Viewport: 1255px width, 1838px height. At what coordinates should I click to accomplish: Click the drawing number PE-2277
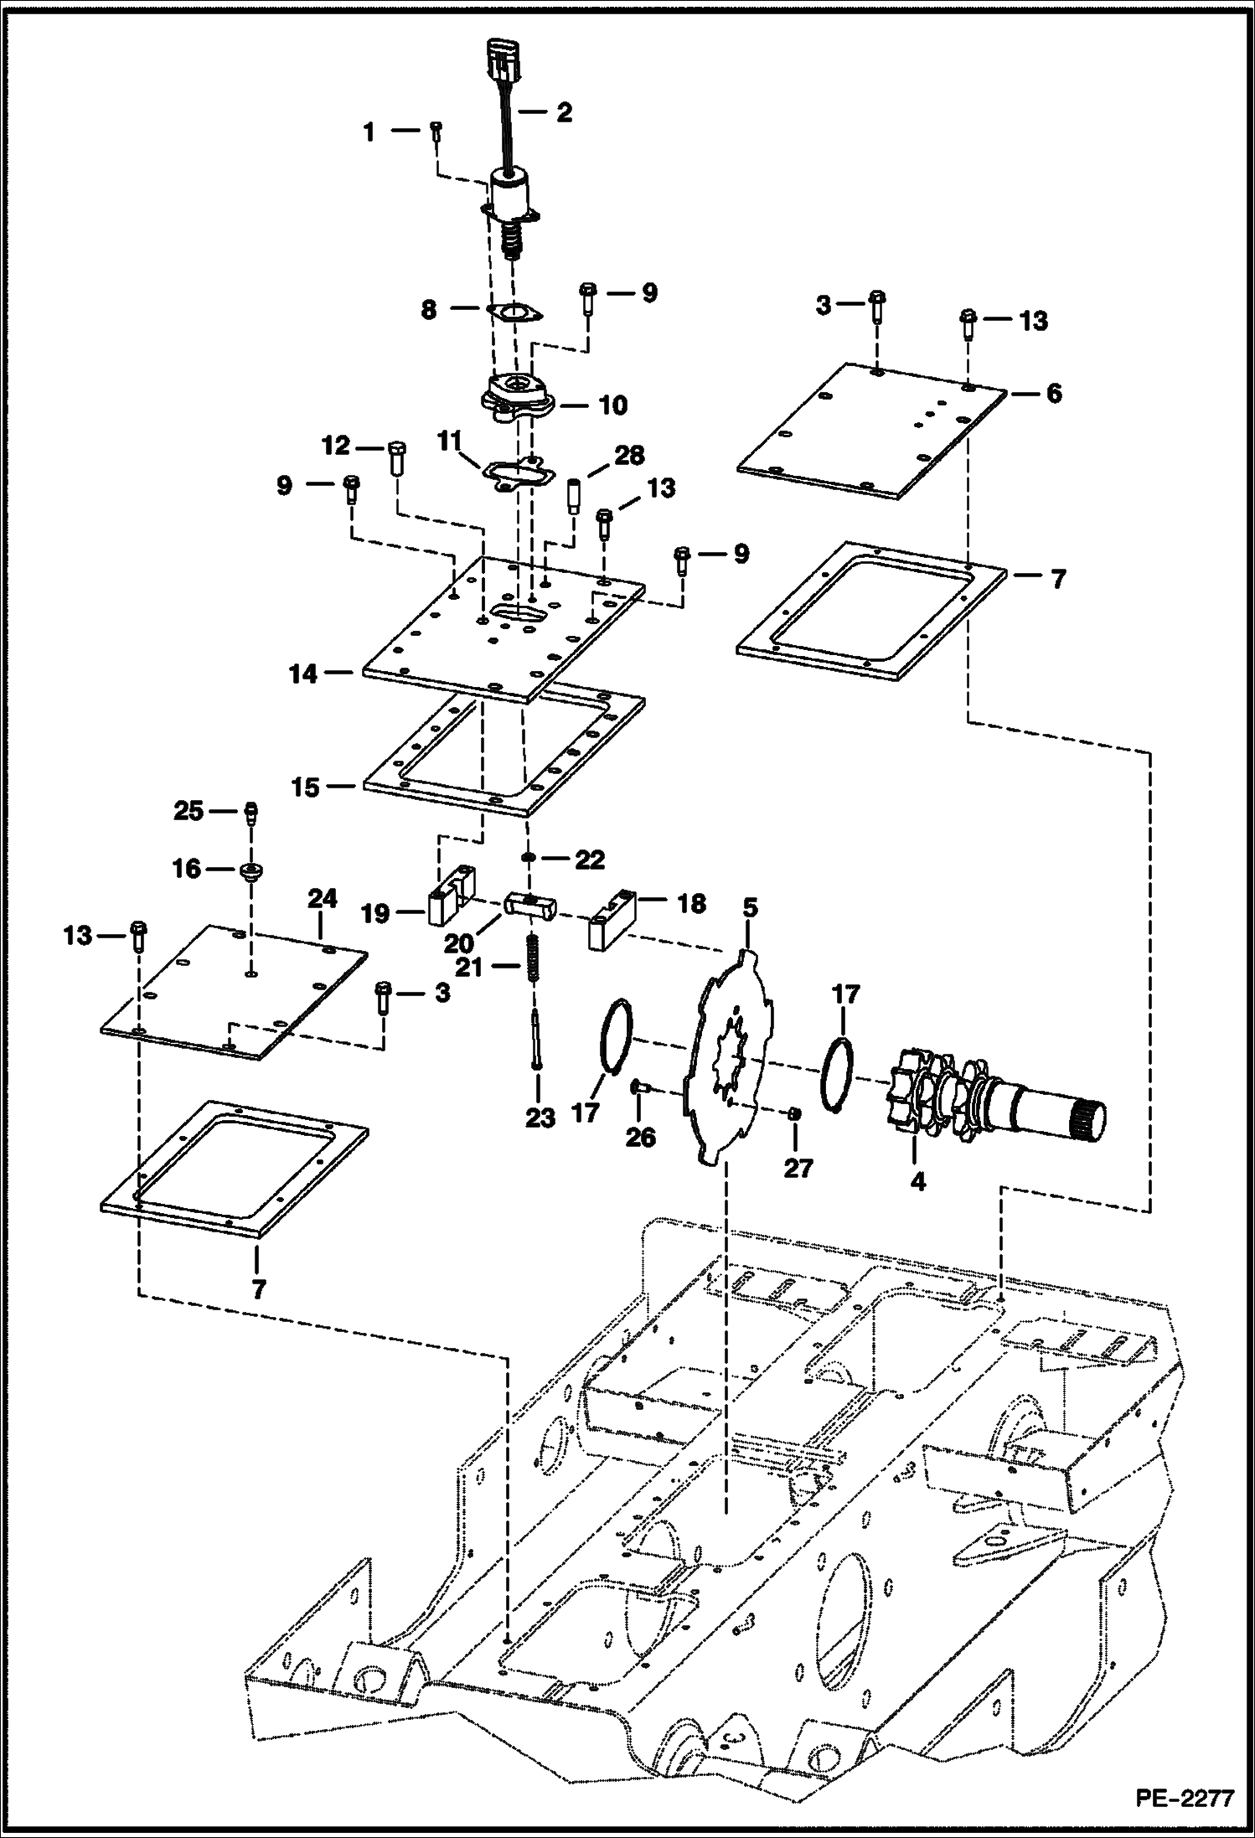(1185, 1799)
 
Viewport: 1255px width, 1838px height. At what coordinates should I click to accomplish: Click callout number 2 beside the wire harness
(565, 112)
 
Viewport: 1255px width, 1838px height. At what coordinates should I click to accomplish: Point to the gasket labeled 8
(514, 315)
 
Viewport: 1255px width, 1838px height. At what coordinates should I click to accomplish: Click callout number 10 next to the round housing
(613, 405)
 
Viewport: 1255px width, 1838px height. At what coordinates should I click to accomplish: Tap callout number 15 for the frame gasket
(305, 787)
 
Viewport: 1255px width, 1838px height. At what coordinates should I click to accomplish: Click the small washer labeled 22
(529, 858)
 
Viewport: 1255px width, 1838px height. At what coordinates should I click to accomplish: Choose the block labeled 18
(613, 918)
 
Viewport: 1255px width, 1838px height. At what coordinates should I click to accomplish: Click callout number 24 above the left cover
(322, 899)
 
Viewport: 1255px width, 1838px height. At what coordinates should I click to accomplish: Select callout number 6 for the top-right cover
(1053, 392)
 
